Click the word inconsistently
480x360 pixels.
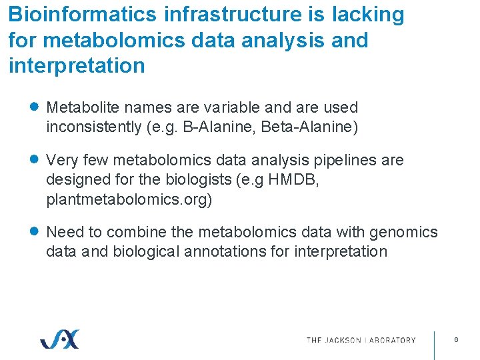click(94, 127)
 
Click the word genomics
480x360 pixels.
click(403, 232)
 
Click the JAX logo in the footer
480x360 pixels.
click(59, 339)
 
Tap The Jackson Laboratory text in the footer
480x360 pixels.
click(361, 340)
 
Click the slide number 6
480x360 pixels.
click(456, 340)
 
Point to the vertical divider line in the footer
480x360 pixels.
click(435, 344)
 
